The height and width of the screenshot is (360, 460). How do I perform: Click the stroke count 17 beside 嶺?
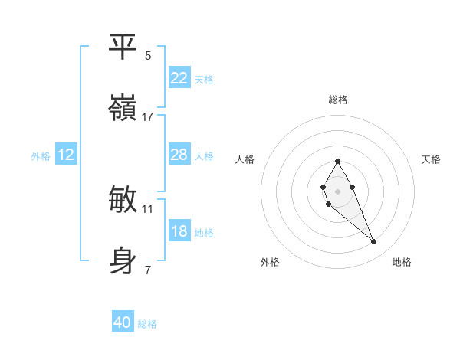[x=148, y=117]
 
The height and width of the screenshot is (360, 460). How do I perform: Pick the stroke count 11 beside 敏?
[x=148, y=208]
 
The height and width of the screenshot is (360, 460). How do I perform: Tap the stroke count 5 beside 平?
[x=148, y=56]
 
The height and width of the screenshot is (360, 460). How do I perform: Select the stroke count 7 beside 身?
[x=148, y=270]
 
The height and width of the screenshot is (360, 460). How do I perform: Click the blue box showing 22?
[x=179, y=78]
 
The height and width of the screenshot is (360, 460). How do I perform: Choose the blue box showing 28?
[x=179, y=155]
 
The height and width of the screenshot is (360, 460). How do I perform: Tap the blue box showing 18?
[x=179, y=231]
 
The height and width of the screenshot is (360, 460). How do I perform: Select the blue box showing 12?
[x=66, y=155]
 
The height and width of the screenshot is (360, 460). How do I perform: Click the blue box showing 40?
[x=123, y=322]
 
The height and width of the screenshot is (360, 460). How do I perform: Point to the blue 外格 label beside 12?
[x=41, y=156]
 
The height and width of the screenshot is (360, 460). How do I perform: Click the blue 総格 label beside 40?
[x=147, y=324]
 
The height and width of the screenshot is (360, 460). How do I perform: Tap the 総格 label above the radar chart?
[x=337, y=100]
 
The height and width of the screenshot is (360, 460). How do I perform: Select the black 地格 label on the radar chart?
[x=402, y=262]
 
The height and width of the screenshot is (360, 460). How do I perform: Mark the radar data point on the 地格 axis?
[x=374, y=242]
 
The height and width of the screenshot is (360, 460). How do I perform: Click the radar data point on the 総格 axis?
[x=337, y=161]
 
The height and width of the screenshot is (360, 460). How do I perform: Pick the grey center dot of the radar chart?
[x=337, y=190]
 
